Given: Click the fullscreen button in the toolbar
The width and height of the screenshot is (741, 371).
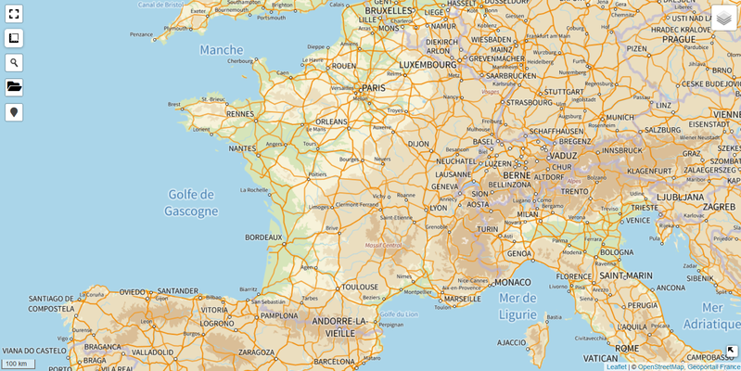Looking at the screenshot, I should pyautogui.click(x=14, y=14).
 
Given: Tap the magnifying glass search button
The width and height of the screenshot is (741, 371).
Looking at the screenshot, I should pyautogui.click(x=14, y=63).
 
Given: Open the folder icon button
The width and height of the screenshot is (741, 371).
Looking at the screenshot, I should pyautogui.click(x=14, y=87).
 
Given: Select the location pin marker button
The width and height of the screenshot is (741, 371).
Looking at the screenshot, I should pyautogui.click(x=14, y=112).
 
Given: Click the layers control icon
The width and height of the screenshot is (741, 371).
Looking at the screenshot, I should pyautogui.click(x=723, y=18).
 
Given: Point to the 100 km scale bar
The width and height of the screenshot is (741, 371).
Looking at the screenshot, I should pyautogui.click(x=18, y=364).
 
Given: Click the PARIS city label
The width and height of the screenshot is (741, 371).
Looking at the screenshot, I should pyautogui.click(x=373, y=88).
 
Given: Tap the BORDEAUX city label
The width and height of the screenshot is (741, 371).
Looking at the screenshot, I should pyautogui.click(x=262, y=237).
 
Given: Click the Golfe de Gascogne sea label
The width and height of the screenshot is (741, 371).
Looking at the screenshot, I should pyautogui.click(x=190, y=203).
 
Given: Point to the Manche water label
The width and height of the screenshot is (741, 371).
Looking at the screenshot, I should pyautogui.click(x=221, y=50).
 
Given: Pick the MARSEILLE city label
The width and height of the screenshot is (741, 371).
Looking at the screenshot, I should pyautogui.click(x=463, y=300).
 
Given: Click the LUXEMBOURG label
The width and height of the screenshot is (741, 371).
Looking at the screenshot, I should pyautogui.click(x=428, y=66).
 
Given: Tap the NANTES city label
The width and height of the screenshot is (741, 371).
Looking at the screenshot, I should pyautogui.click(x=242, y=148).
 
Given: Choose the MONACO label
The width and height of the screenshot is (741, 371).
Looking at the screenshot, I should pyautogui.click(x=513, y=282).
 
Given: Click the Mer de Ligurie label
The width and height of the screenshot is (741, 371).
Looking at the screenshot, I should pyautogui.click(x=517, y=305).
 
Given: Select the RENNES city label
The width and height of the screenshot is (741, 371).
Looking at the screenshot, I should pyautogui.click(x=240, y=115).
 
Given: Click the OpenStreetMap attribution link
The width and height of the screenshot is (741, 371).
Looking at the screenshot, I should pyautogui.click(x=660, y=366).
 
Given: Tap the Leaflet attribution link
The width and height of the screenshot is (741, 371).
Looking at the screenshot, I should pyautogui.click(x=616, y=366).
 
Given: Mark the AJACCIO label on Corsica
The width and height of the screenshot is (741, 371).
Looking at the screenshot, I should pyautogui.click(x=512, y=342).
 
